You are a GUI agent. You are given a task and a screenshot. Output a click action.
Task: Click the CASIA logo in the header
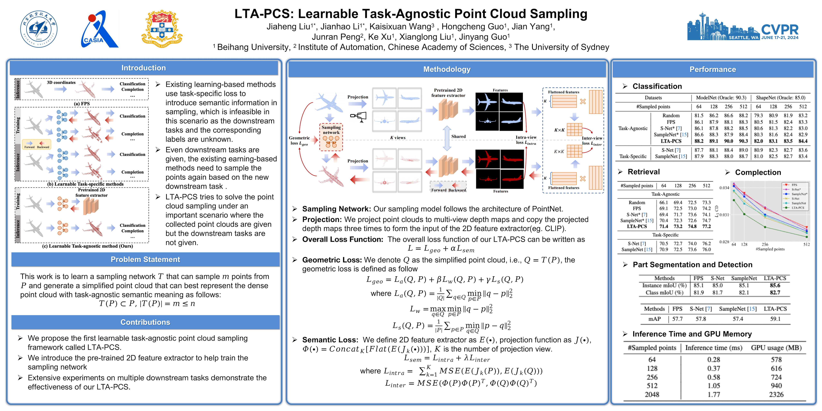tap(100, 29)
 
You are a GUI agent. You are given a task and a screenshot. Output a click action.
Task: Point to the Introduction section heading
tap(144, 68)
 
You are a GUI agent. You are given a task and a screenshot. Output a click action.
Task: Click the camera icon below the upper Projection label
tap(359, 117)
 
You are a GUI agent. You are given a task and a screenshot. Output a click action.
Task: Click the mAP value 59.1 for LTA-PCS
tap(775, 319)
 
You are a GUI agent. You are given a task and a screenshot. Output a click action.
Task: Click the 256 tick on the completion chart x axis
tap(765, 244)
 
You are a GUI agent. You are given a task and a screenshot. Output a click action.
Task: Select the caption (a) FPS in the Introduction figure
tap(82, 104)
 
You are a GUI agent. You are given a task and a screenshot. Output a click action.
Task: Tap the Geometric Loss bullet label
tap(332, 260)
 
